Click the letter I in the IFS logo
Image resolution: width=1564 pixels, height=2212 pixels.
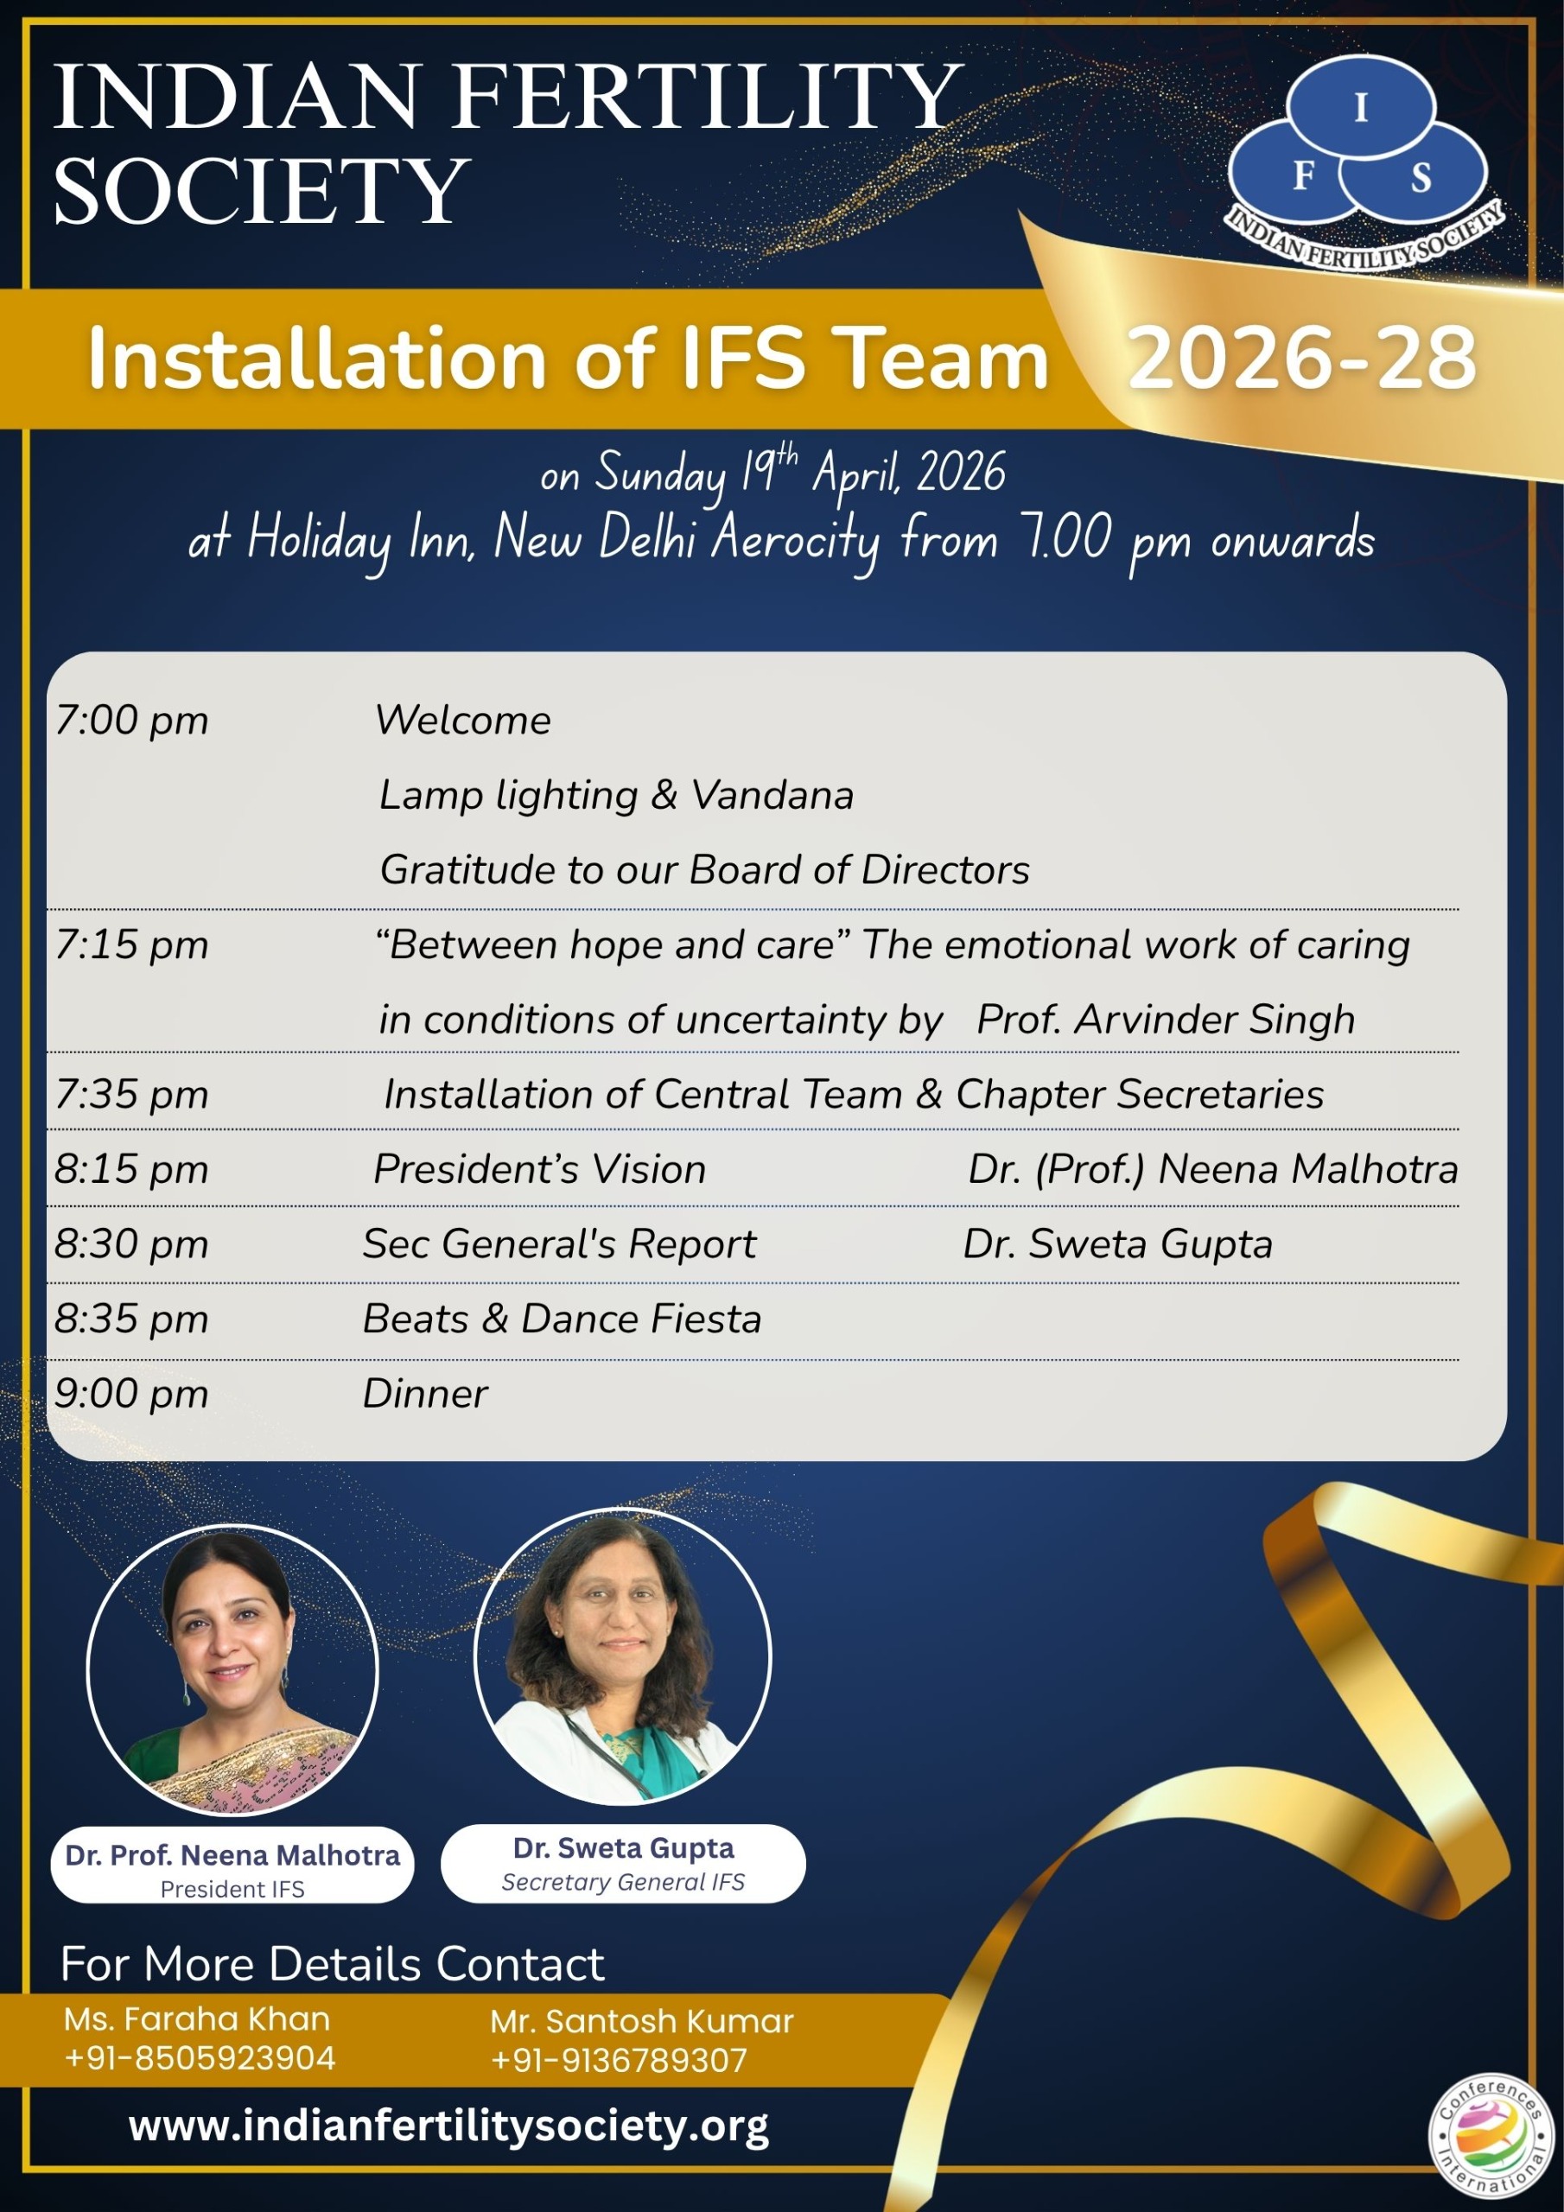[x=1361, y=108]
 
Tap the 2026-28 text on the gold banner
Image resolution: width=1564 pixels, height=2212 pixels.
[x=1302, y=358]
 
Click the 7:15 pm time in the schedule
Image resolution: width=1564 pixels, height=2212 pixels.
[x=131, y=945]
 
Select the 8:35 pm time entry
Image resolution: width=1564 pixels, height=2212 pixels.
[x=131, y=1319]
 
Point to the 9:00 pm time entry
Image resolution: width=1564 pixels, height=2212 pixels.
[x=131, y=1394]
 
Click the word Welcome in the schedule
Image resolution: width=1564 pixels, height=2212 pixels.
[x=462, y=720]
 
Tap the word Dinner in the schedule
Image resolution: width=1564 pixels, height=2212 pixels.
[x=425, y=1394]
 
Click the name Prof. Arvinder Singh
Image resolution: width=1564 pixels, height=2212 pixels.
[x=1166, y=1020]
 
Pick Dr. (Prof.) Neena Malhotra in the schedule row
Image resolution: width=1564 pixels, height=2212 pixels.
[x=1213, y=1170]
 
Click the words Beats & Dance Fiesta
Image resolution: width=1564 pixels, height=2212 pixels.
[x=562, y=1319]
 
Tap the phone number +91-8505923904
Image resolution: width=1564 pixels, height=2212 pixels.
[x=200, y=2058]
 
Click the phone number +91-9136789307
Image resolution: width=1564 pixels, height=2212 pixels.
[x=619, y=2060]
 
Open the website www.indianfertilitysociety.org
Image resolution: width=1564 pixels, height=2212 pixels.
[x=449, y=2126]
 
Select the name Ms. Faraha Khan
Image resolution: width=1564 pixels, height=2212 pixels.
[x=197, y=2019]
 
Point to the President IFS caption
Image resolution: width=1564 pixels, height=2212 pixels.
[x=232, y=1889]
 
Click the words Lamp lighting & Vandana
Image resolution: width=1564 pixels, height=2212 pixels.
[x=617, y=796]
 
